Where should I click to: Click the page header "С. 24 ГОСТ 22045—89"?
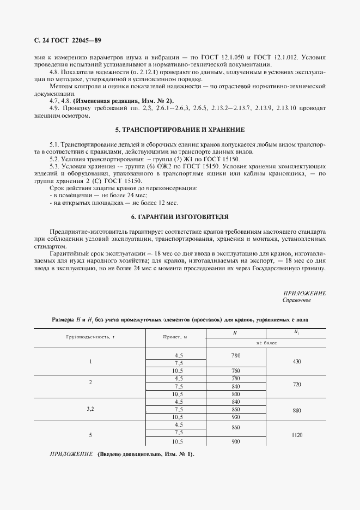tap(68, 41)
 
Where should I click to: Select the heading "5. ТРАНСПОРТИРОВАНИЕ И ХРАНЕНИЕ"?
tap(180, 130)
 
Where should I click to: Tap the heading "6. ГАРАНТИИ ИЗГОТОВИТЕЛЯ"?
tap(180, 217)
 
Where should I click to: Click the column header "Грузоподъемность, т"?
tap(91, 337)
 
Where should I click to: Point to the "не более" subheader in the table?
tap(266, 344)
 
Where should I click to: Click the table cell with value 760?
tap(235, 371)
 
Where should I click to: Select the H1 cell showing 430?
tap(297, 362)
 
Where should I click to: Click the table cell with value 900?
tap(235, 442)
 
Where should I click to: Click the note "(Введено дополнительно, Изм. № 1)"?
tap(145, 454)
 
